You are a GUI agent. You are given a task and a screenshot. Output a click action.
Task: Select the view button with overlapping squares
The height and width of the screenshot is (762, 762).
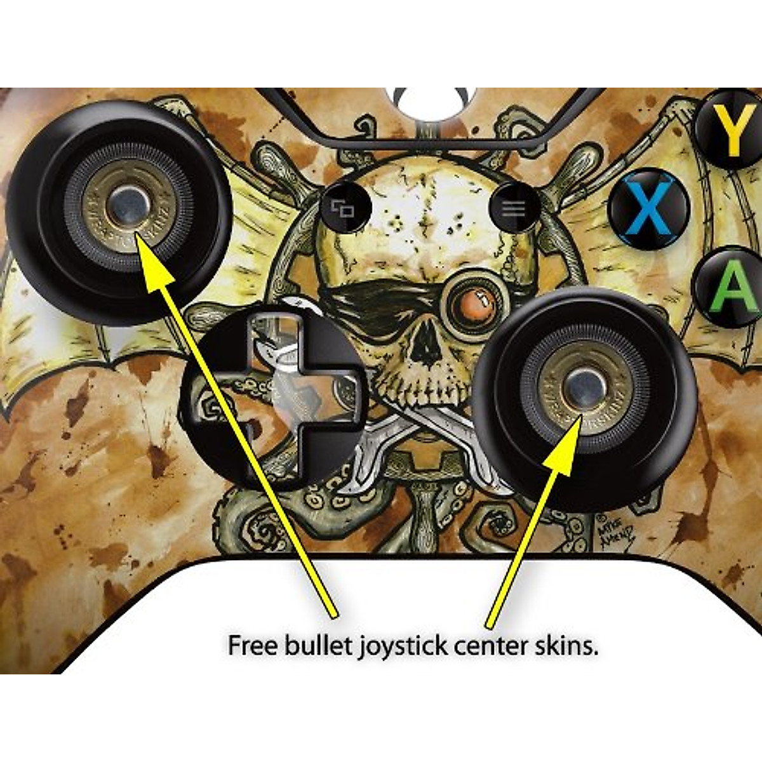[344, 208]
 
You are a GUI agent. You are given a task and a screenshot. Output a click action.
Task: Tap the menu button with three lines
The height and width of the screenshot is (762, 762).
[514, 208]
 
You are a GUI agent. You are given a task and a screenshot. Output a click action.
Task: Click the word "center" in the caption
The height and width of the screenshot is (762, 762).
[490, 646]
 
